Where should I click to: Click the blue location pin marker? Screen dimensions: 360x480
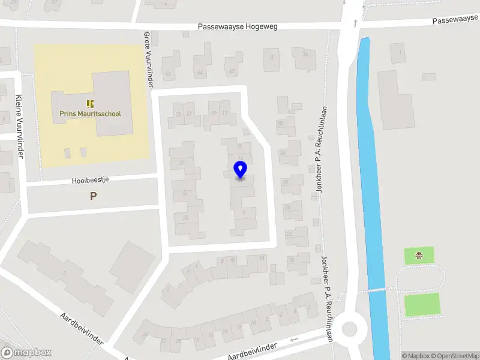click(240, 170)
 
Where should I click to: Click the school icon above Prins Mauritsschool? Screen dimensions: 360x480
click(90, 104)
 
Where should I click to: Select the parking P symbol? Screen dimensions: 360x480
click(93, 196)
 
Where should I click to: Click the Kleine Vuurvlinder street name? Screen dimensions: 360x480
click(19, 127)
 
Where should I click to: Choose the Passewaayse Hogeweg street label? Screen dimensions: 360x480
click(238, 27)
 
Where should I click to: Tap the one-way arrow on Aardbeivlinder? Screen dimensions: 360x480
click(293, 340)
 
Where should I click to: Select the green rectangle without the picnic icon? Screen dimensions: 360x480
click(421, 304)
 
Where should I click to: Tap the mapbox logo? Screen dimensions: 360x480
click(26, 353)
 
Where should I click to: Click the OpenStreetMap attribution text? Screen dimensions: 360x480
click(455, 356)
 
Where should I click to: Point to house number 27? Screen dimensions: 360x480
click(181, 163)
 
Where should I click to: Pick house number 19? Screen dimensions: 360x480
click(213, 112)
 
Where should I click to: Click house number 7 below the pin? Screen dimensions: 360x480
click(243, 212)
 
